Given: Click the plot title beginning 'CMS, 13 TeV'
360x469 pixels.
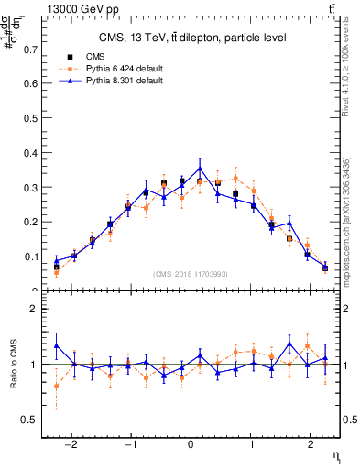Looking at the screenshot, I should (x=192, y=38).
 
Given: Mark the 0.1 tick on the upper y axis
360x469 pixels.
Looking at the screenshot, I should (x=34, y=256).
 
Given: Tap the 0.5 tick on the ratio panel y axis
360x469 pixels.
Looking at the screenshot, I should (x=34, y=420).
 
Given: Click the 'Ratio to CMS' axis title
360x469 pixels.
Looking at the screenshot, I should (x=11, y=365).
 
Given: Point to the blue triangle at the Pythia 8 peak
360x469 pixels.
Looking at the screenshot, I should (x=200, y=168).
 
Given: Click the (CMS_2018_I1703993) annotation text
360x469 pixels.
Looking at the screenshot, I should (x=189, y=273).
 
